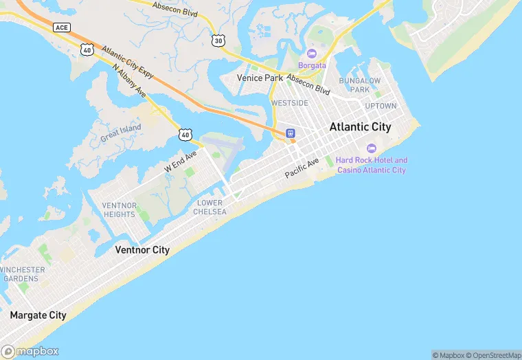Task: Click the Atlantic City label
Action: (360, 127)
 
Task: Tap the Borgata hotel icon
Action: (312, 54)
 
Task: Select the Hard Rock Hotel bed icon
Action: (372, 148)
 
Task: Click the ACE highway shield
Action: (61, 27)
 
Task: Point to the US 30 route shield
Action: (218, 41)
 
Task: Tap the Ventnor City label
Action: (142, 250)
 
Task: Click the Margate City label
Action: (38, 315)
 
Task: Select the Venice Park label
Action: (260, 78)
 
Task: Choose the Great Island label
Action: (120, 132)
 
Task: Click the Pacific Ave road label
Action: (303, 168)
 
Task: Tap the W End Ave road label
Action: (180, 161)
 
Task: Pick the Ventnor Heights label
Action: (119, 210)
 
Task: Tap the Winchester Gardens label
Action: (23, 274)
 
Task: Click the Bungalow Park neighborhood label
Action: (360, 85)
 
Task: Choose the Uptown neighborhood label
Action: (381, 106)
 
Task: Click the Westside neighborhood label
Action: (289, 103)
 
